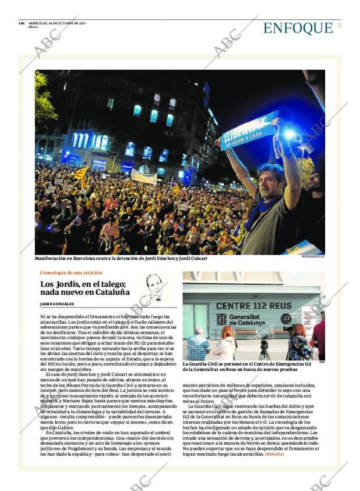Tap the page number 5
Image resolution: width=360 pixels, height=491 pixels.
[339, 26]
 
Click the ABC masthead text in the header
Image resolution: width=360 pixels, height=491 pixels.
[21, 23]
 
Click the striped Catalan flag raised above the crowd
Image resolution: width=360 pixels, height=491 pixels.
[82, 172]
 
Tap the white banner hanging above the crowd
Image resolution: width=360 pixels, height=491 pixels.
[143, 177]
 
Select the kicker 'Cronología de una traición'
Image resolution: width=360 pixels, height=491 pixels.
[71, 272]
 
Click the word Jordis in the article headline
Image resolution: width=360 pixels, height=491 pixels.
[69, 284]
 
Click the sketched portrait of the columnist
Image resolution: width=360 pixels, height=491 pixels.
[154, 287]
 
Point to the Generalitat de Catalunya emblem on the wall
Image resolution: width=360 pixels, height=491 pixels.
[222, 319]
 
